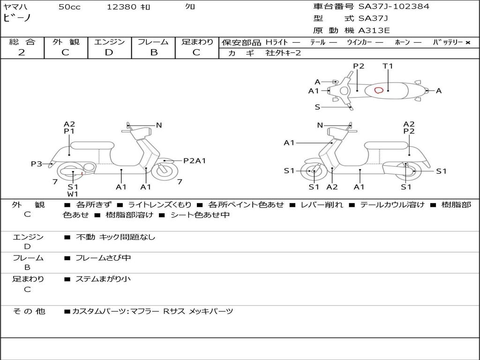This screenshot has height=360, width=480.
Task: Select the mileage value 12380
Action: click(x=122, y=7)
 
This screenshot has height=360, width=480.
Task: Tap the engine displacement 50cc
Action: click(x=69, y=7)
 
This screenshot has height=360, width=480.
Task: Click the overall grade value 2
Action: click(x=22, y=52)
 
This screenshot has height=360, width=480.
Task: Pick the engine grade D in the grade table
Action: click(x=109, y=52)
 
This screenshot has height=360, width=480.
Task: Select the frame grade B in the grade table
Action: click(x=153, y=52)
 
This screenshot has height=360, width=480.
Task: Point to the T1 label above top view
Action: click(x=388, y=66)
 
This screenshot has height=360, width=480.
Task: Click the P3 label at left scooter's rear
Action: click(x=37, y=164)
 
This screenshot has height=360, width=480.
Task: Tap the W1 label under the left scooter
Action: click(x=73, y=194)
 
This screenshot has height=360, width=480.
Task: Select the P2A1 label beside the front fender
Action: click(x=195, y=161)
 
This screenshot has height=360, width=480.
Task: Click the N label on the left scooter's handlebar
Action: click(x=159, y=125)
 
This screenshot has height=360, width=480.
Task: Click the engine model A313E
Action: click(x=374, y=31)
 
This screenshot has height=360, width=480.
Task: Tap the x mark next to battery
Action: click(x=467, y=43)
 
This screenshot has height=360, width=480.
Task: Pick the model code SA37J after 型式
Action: click(x=373, y=19)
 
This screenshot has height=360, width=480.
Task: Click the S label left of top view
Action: click(x=317, y=107)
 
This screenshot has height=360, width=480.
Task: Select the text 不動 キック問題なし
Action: click(x=115, y=237)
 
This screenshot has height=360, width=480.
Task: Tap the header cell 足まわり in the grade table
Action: click(x=197, y=42)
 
